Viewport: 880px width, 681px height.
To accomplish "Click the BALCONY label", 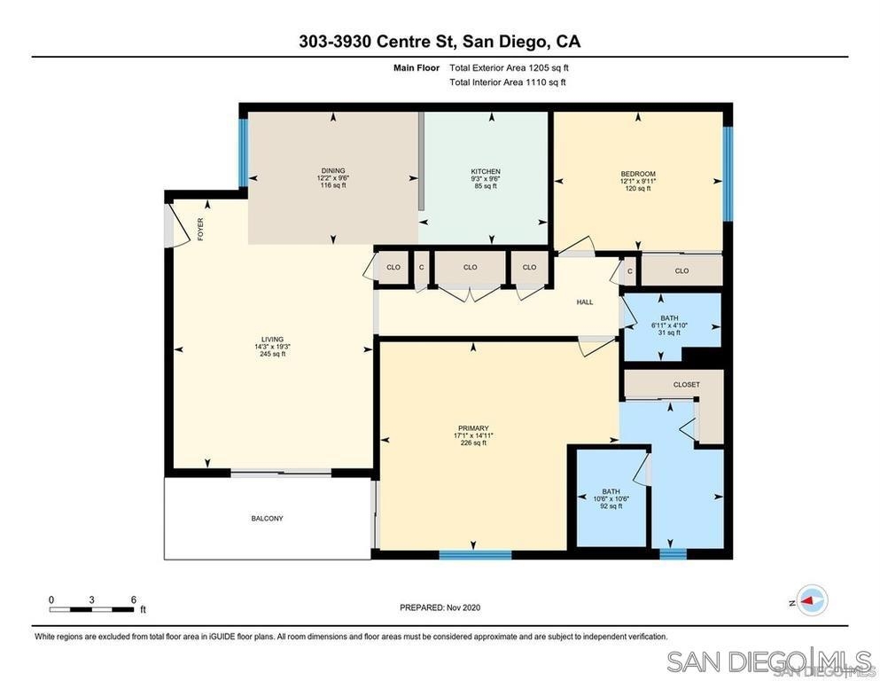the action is click(267, 519).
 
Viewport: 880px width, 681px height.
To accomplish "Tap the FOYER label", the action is click(200, 230).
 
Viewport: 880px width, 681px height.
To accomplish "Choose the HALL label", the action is click(585, 302).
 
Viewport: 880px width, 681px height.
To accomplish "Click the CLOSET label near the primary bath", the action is click(687, 385).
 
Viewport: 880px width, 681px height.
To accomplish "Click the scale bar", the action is click(91, 609).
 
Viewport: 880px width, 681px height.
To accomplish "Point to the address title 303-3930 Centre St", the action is click(440, 42).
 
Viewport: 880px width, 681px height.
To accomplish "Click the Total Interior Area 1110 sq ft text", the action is click(507, 82).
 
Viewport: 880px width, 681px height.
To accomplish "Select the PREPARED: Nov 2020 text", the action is click(440, 607).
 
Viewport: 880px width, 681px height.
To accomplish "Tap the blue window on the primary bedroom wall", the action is click(475, 555).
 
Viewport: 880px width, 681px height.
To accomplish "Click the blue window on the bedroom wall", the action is click(728, 174).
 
